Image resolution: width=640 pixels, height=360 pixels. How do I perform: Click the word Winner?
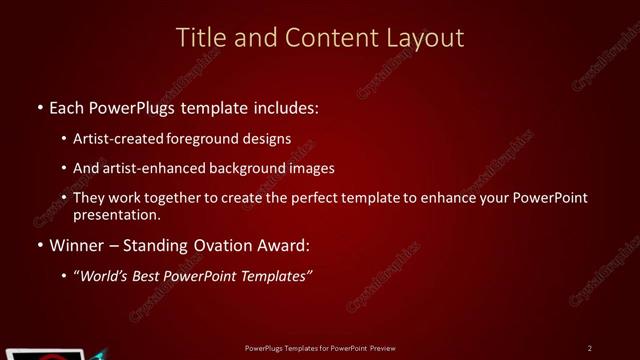point(74,245)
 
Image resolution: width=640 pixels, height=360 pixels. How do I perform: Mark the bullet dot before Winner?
point(39,245)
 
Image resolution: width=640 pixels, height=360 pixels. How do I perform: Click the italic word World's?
point(109,275)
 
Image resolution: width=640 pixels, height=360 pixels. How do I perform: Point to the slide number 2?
point(589,347)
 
